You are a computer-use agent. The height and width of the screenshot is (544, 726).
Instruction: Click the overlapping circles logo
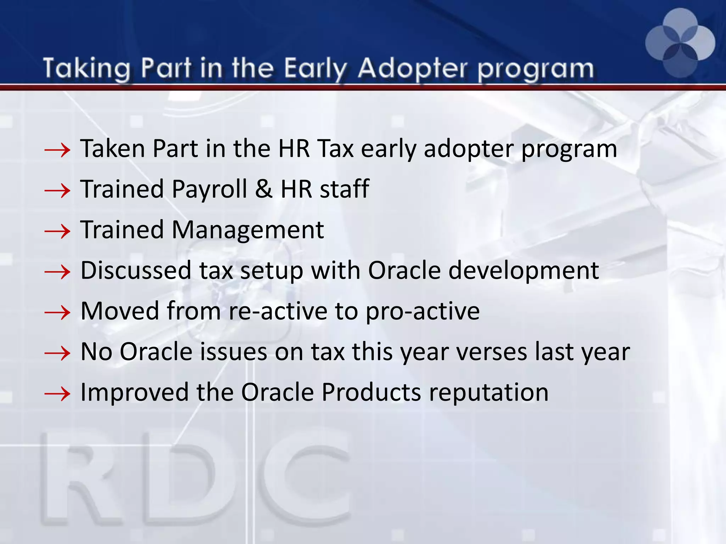click(680, 43)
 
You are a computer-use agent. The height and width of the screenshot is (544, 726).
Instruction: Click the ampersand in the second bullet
click(264, 189)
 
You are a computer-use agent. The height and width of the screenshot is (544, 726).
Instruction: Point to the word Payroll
click(209, 189)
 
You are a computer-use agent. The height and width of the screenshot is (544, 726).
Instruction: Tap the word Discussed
click(136, 271)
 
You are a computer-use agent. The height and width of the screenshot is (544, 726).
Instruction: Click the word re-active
click(278, 311)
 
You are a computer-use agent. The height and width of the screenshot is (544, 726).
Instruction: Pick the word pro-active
click(423, 312)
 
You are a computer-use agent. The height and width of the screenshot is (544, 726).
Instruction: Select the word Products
click(371, 392)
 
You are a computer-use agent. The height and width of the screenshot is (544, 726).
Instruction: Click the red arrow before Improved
click(57, 394)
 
